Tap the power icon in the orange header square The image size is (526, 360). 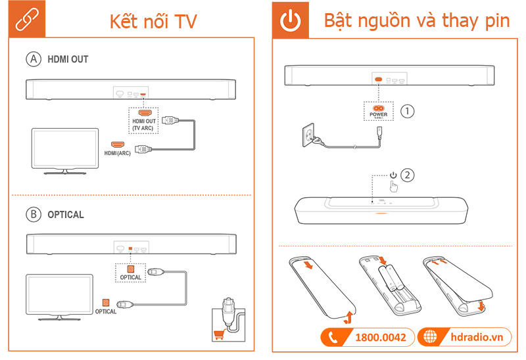(x=289, y=21)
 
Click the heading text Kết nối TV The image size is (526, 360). (x=153, y=21)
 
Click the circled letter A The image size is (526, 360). (x=33, y=59)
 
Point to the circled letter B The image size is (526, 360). (x=33, y=214)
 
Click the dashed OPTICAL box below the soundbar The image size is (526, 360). (x=130, y=272)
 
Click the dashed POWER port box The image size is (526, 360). (x=378, y=110)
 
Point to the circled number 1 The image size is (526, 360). (x=408, y=111)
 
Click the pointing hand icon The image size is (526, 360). (x=394, y=186)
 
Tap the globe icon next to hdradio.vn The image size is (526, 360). (x=431, y=338)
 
